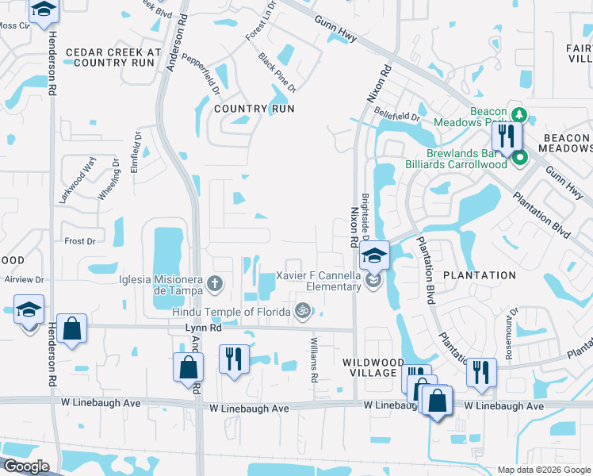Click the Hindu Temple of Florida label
231,312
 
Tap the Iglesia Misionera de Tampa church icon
214,283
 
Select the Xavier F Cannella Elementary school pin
374,257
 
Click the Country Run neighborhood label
254,109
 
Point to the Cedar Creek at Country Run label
113,57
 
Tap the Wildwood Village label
369,367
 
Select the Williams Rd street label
314,359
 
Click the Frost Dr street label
79,240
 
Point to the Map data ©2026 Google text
544,470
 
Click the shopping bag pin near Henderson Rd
71,330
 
